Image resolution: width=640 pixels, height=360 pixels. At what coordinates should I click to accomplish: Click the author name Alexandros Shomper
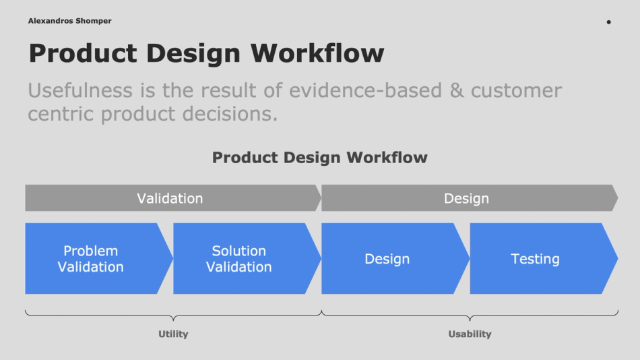[x=70, y=21]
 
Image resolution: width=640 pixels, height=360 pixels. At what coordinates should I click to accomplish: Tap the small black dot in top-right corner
[x=608, y=22]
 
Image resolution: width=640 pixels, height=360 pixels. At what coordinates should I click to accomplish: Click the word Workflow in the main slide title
[x=317, y=53]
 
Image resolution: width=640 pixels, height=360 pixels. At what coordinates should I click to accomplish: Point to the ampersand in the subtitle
[x=457, y=90]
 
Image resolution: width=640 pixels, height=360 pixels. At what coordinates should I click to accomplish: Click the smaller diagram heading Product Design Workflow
[x=319, y=158]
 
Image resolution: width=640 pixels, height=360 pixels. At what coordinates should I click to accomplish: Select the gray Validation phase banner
[x=170, y=198]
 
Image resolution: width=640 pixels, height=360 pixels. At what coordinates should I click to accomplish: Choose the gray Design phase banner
[x=466, y=198]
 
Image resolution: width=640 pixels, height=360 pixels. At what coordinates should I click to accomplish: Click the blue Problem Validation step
[x=91, y=259]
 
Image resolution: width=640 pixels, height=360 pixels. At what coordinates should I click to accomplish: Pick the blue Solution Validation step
[x=239, y=259]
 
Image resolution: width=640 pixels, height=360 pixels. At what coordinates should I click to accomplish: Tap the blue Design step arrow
[x=387, y=259]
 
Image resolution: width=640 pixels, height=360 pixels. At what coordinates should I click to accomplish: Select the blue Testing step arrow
[x=536, y=259]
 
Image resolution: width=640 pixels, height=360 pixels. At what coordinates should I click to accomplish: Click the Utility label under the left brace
[x=173, y=334]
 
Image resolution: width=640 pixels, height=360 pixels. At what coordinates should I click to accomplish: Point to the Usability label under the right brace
[x=470, y=334]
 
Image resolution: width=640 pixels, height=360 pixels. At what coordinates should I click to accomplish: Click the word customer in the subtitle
[x=516, y=90]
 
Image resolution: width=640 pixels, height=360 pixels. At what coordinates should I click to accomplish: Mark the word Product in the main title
[x=82, y=53]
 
